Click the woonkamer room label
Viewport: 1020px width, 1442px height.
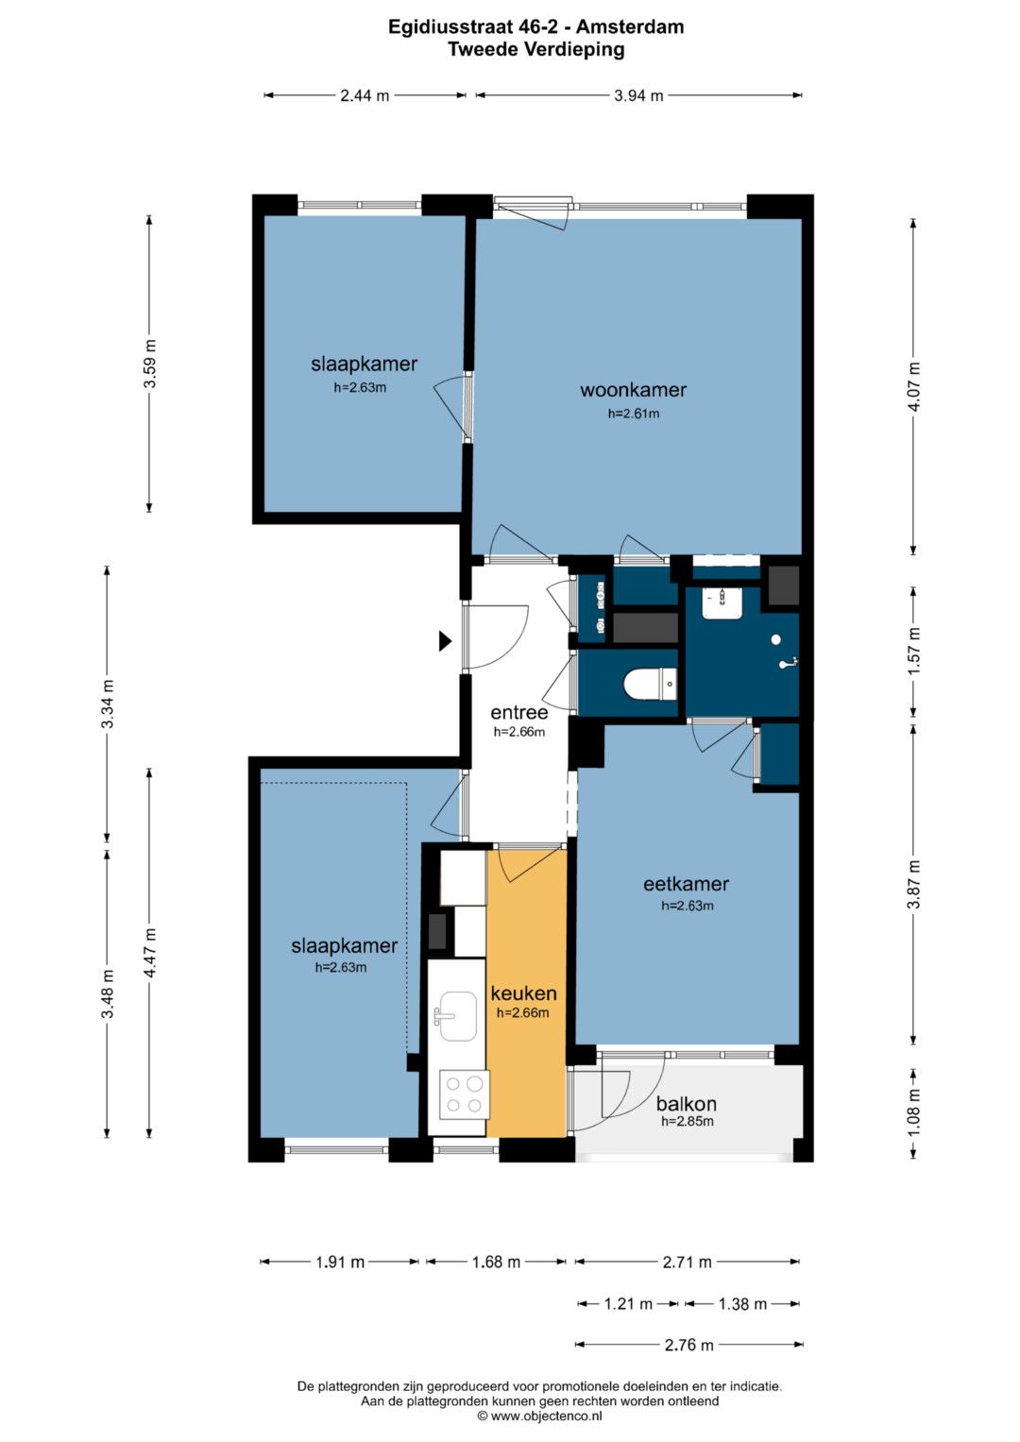point(633,389)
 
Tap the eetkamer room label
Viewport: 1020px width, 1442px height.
point(686,884)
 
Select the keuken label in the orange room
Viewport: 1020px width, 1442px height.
point(523,992)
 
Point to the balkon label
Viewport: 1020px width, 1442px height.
point(686,1104)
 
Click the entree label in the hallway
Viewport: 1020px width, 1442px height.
point(519,713)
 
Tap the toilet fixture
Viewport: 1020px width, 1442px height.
point(651,684)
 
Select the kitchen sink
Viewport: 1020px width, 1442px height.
point(456,1016)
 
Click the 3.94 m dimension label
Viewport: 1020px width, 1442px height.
point(638,96)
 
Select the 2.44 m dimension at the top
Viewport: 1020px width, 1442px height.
point(365,96)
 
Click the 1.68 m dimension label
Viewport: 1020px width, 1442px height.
point(496,1262)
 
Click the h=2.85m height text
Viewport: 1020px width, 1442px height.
point(688,1121)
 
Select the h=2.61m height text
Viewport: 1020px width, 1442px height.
point(634,414)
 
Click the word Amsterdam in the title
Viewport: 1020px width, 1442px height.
point(630,27)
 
